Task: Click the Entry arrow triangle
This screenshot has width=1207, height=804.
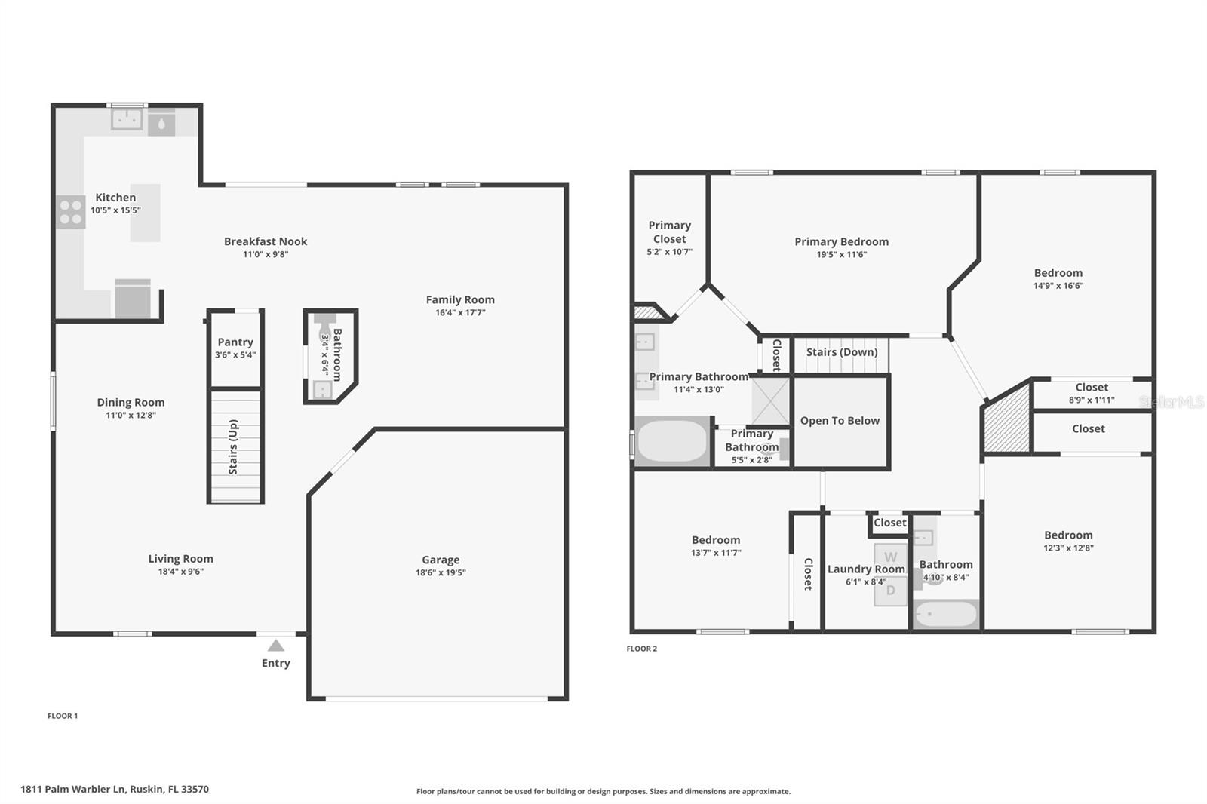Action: (x=276, y=646)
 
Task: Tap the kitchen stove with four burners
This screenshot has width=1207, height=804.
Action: (x=71, y=212)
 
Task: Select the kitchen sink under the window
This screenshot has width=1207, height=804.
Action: (x=127, y=119)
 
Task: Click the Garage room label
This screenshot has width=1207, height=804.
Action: (x=441, y=560)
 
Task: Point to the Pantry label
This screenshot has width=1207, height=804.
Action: (x=235, y=342)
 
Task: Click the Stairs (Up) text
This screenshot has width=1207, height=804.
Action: (x=233, y=446)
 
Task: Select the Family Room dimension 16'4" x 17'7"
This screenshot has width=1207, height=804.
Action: (x=460, y=312)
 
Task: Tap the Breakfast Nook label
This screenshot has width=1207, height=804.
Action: (x=266, y=241)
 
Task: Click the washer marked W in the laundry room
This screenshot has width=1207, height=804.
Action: (x=891, y=557)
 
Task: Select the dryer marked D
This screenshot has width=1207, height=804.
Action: (x=891, y=591)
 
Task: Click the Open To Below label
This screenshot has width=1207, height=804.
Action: (x=840, y=421)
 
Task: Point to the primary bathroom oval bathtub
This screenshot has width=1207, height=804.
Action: (x=672, y=441)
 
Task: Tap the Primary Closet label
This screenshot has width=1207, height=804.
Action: (x=669, y=232)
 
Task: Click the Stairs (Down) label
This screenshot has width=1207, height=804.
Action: (x=842, y=352)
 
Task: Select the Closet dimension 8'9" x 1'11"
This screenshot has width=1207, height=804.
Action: (x=1092, y=400)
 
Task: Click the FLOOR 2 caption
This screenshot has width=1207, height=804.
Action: (x=642, y=649)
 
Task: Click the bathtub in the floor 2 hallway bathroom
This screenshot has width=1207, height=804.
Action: (x=946, y=615)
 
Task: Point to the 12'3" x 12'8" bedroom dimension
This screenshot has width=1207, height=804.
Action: (x=1068, y=548)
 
